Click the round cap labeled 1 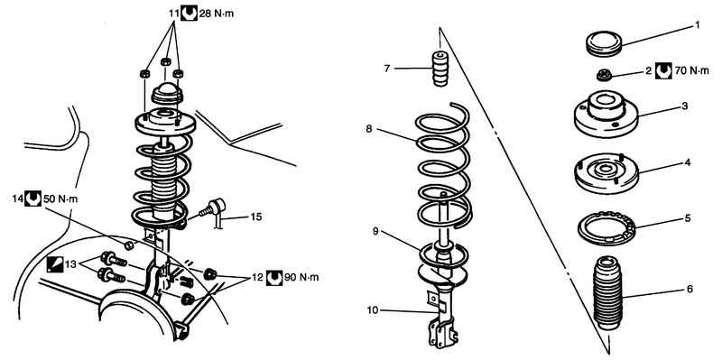pyautogui.click(x=604, y=43)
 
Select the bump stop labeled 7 pyautogui.click(x=440, y=69)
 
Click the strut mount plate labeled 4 pyautogui.click(x=606, y=173)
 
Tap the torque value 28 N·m pyautogui.click(x=217, y=14)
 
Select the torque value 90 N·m pyautogui.click(x=301, y=278)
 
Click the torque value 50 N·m pyautogui.click(x=60, y=198)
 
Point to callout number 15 pyautogui.click(x=255, y=217)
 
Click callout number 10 pyautogui.click(x=373, y=310)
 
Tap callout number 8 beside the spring pyautogui.click(x=369, y=129)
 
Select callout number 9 pyautogui.click(x=375, y=232)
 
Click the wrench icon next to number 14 pyautogui.click(x=32, y=198)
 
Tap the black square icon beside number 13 pyautogui.click(x=55, y=264)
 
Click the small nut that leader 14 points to pyautogui.click(x=129, y=245)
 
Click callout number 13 pyautogui.click(x=70, y=264)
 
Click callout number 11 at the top pyautogui.click(x=173, y=14)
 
